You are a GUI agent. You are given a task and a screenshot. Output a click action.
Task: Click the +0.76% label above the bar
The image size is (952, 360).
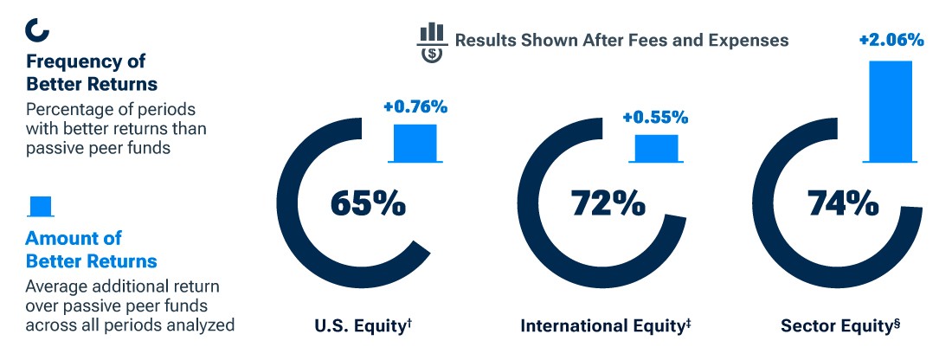point(415,108)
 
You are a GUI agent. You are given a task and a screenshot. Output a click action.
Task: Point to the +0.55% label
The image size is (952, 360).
point(655,117)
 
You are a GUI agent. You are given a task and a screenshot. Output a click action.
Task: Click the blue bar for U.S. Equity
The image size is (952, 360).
point(415,142)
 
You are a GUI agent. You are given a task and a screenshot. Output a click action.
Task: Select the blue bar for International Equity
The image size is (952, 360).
point(656,147)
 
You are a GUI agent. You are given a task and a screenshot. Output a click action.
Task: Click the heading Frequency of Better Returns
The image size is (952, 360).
point(91,74)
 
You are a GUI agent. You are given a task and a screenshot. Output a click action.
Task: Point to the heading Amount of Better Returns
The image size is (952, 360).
point(91,249)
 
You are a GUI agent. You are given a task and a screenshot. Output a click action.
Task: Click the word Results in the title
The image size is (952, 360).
point(487,40)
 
